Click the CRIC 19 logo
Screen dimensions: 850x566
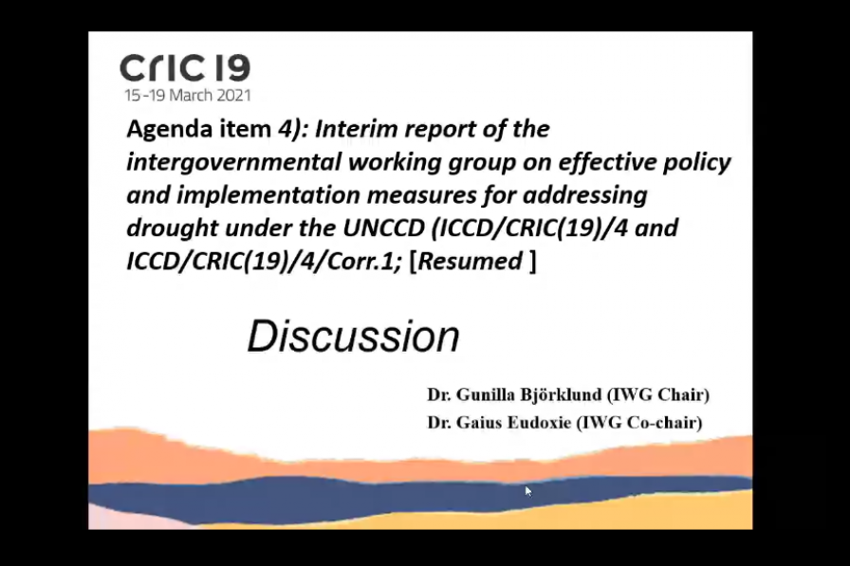(x=185, y=67)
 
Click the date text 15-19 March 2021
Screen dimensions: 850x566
(x=188, y=96)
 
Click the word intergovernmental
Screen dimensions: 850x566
(x=233, y=163)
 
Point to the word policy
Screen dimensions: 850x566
(x=696, y=163)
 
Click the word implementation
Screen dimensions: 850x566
(x=268, y=195)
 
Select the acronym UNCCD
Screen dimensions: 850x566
(x=383, y=228)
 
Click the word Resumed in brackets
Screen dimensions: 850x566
(x=470, y=261)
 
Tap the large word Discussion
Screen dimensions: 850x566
(x=354, y=337)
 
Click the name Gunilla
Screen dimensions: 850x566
(x=486, y=394)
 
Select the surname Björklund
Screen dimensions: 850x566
(x=561, y=394)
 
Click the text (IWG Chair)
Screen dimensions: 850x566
(x=658, y=394)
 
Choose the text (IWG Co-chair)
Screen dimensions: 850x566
(x=639, y=423)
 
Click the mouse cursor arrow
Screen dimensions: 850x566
(x=528, y=491)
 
